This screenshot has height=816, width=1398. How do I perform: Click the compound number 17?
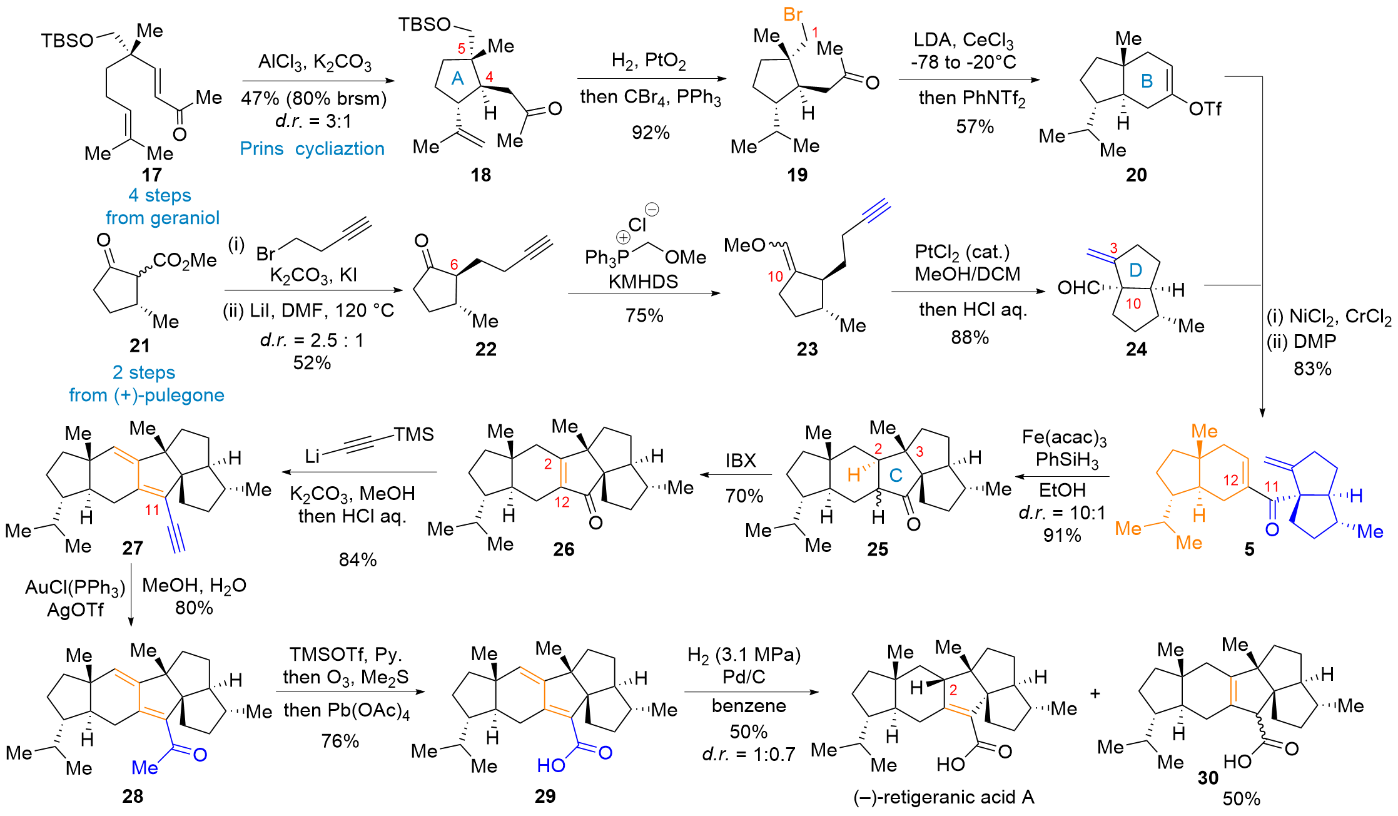click(x=151, y=175)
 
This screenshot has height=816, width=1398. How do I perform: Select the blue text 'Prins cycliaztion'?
click(x=312, y=149)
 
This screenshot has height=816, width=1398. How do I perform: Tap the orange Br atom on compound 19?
click(x=793, y=14)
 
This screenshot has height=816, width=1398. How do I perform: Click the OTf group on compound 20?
click(x=1205, y=109)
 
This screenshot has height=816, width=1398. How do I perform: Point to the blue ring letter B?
click(x=1147, y=81)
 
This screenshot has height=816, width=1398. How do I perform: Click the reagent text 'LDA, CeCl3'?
click(x=963, y=41)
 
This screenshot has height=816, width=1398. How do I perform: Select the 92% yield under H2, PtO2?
click(x=651, y=132)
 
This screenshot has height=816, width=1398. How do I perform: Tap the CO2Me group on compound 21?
click(x=185, y=260)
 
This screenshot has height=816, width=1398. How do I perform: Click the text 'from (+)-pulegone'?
click(x=146, y=395)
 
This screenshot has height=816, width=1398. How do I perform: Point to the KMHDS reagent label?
click(x=643, y=282)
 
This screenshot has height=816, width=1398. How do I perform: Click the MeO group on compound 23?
click(x=744, y=245)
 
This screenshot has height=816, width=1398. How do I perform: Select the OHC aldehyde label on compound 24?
click(x=1078, y=288)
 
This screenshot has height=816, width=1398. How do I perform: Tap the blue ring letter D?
click(x=1135, y=270)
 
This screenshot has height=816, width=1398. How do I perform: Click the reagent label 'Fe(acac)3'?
click(x=1064, y=437)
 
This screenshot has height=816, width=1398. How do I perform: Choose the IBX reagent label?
click(x=741, y=461)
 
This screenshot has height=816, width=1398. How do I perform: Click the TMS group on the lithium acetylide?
click(x=413, y=434)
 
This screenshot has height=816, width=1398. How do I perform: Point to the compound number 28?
click(x=133, y=796)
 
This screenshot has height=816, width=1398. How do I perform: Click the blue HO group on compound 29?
click(x=550, y=765)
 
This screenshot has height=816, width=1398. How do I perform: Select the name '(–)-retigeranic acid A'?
click(x=943, y=797)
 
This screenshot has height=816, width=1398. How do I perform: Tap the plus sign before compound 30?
click(x=1095, y=693)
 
